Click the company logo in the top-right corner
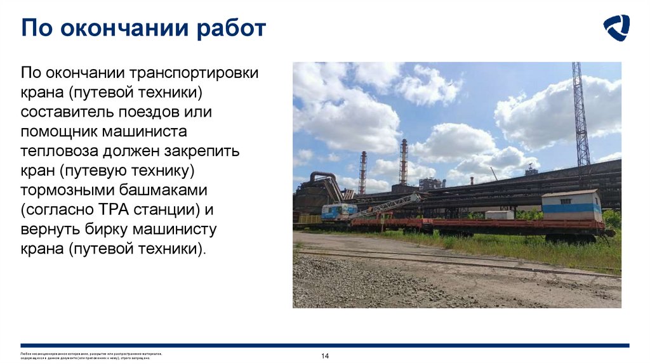[616, 28]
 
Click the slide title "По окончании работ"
[143, 29]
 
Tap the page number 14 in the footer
[325, 356]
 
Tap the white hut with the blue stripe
[571, 205]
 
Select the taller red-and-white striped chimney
[403, 162]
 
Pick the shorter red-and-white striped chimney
[362, 172]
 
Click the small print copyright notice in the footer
[91, 356]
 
